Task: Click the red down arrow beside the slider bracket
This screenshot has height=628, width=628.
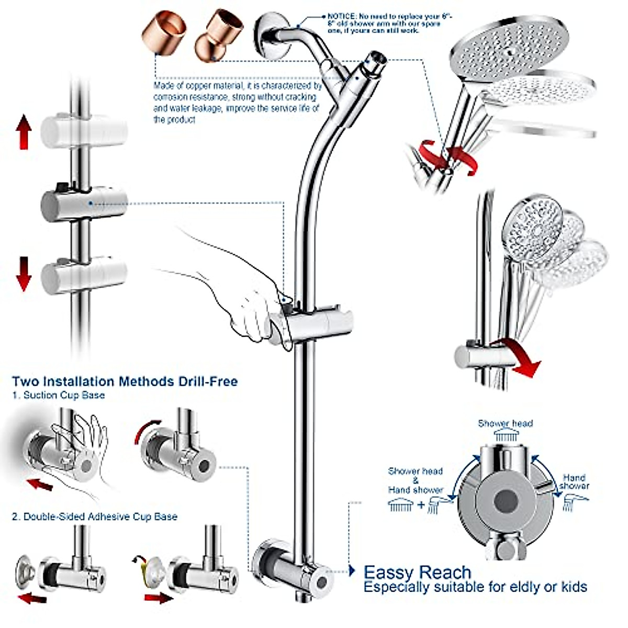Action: [24, 273]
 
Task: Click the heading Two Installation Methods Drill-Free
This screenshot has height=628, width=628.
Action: [125, 381]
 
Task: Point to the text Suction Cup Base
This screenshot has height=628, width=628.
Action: [64, 395]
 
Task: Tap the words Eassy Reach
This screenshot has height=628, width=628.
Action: [417, 572]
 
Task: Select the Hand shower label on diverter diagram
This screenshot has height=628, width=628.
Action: [574, 481]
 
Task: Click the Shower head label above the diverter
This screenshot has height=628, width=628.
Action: [505, 423]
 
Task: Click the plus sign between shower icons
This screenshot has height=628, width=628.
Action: [421, 506]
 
